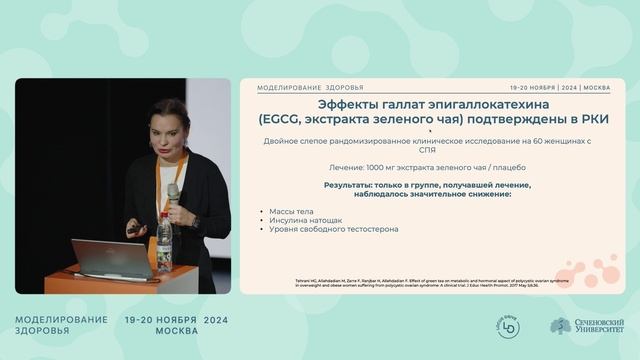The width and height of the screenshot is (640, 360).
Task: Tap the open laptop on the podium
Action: tap(111, 258)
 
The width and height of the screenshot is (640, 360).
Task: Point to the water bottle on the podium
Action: tap(164, 240)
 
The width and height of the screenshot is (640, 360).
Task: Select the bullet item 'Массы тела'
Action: tap(291, 211)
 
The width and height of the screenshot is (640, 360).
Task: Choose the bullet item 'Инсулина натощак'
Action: tap(301, 220)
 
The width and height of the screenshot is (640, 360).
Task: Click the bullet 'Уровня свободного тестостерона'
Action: tap(334, 229)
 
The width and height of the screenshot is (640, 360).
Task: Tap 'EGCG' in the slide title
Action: tap(279, 119)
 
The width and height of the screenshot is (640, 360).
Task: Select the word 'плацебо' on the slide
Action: tap(507, 167)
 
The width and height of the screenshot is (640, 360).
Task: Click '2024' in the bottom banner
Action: tap(222, 319)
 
